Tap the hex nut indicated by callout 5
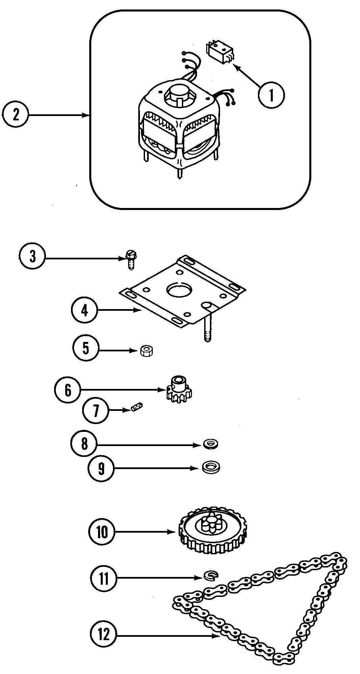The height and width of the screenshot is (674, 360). click(x=147, y=351)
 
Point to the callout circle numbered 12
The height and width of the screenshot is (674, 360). click(x=104, y=634)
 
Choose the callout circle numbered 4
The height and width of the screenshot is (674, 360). click(x=85, y=310)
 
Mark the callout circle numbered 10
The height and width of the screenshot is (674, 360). click(x=102, y=532)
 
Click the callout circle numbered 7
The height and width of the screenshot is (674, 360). click(x=96, y=411)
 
